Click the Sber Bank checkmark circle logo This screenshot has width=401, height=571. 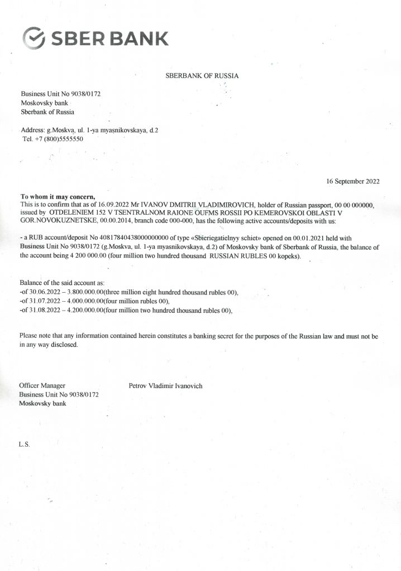34,38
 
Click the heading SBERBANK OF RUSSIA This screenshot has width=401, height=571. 202,76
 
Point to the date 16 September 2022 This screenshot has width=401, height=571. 352,182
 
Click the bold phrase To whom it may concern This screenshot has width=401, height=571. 58,197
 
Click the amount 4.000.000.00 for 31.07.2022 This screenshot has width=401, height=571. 82,301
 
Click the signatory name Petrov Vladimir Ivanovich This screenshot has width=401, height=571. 165,386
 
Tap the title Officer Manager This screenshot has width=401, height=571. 42,386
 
